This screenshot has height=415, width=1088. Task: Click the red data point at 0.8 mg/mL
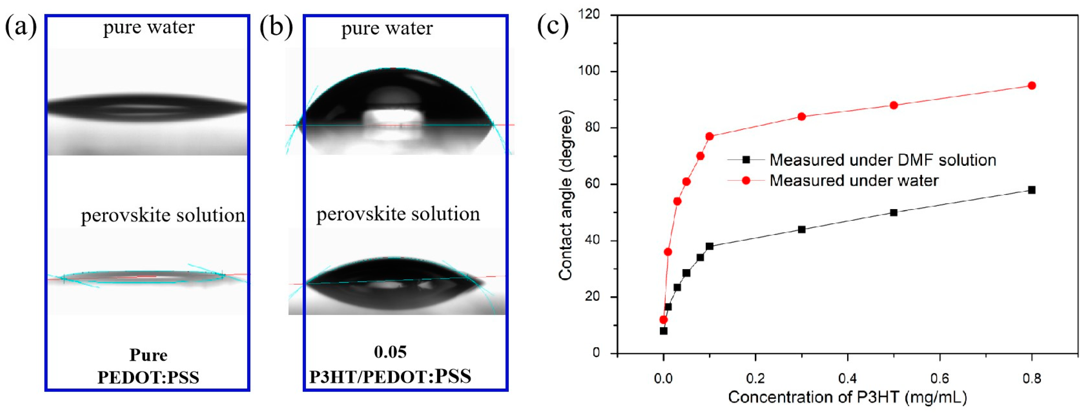(1031, 86)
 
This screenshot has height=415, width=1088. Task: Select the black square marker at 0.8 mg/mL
(1031, 190)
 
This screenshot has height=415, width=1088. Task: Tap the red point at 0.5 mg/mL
(893, 105)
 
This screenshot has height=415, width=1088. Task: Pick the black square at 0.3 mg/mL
(802, 230)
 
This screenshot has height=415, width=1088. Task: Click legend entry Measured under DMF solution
(882, 160)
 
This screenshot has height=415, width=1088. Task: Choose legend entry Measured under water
(854, 181)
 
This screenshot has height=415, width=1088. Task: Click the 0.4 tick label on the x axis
(847, 378)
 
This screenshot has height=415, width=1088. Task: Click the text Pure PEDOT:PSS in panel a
(148, 366)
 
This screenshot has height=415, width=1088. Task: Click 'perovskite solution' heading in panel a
(163, 215)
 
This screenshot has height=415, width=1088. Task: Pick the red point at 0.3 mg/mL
(802, 117)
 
